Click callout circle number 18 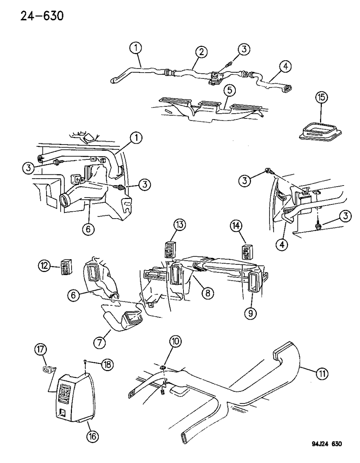tap(108, 364)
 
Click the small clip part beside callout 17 tap(48, 369)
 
